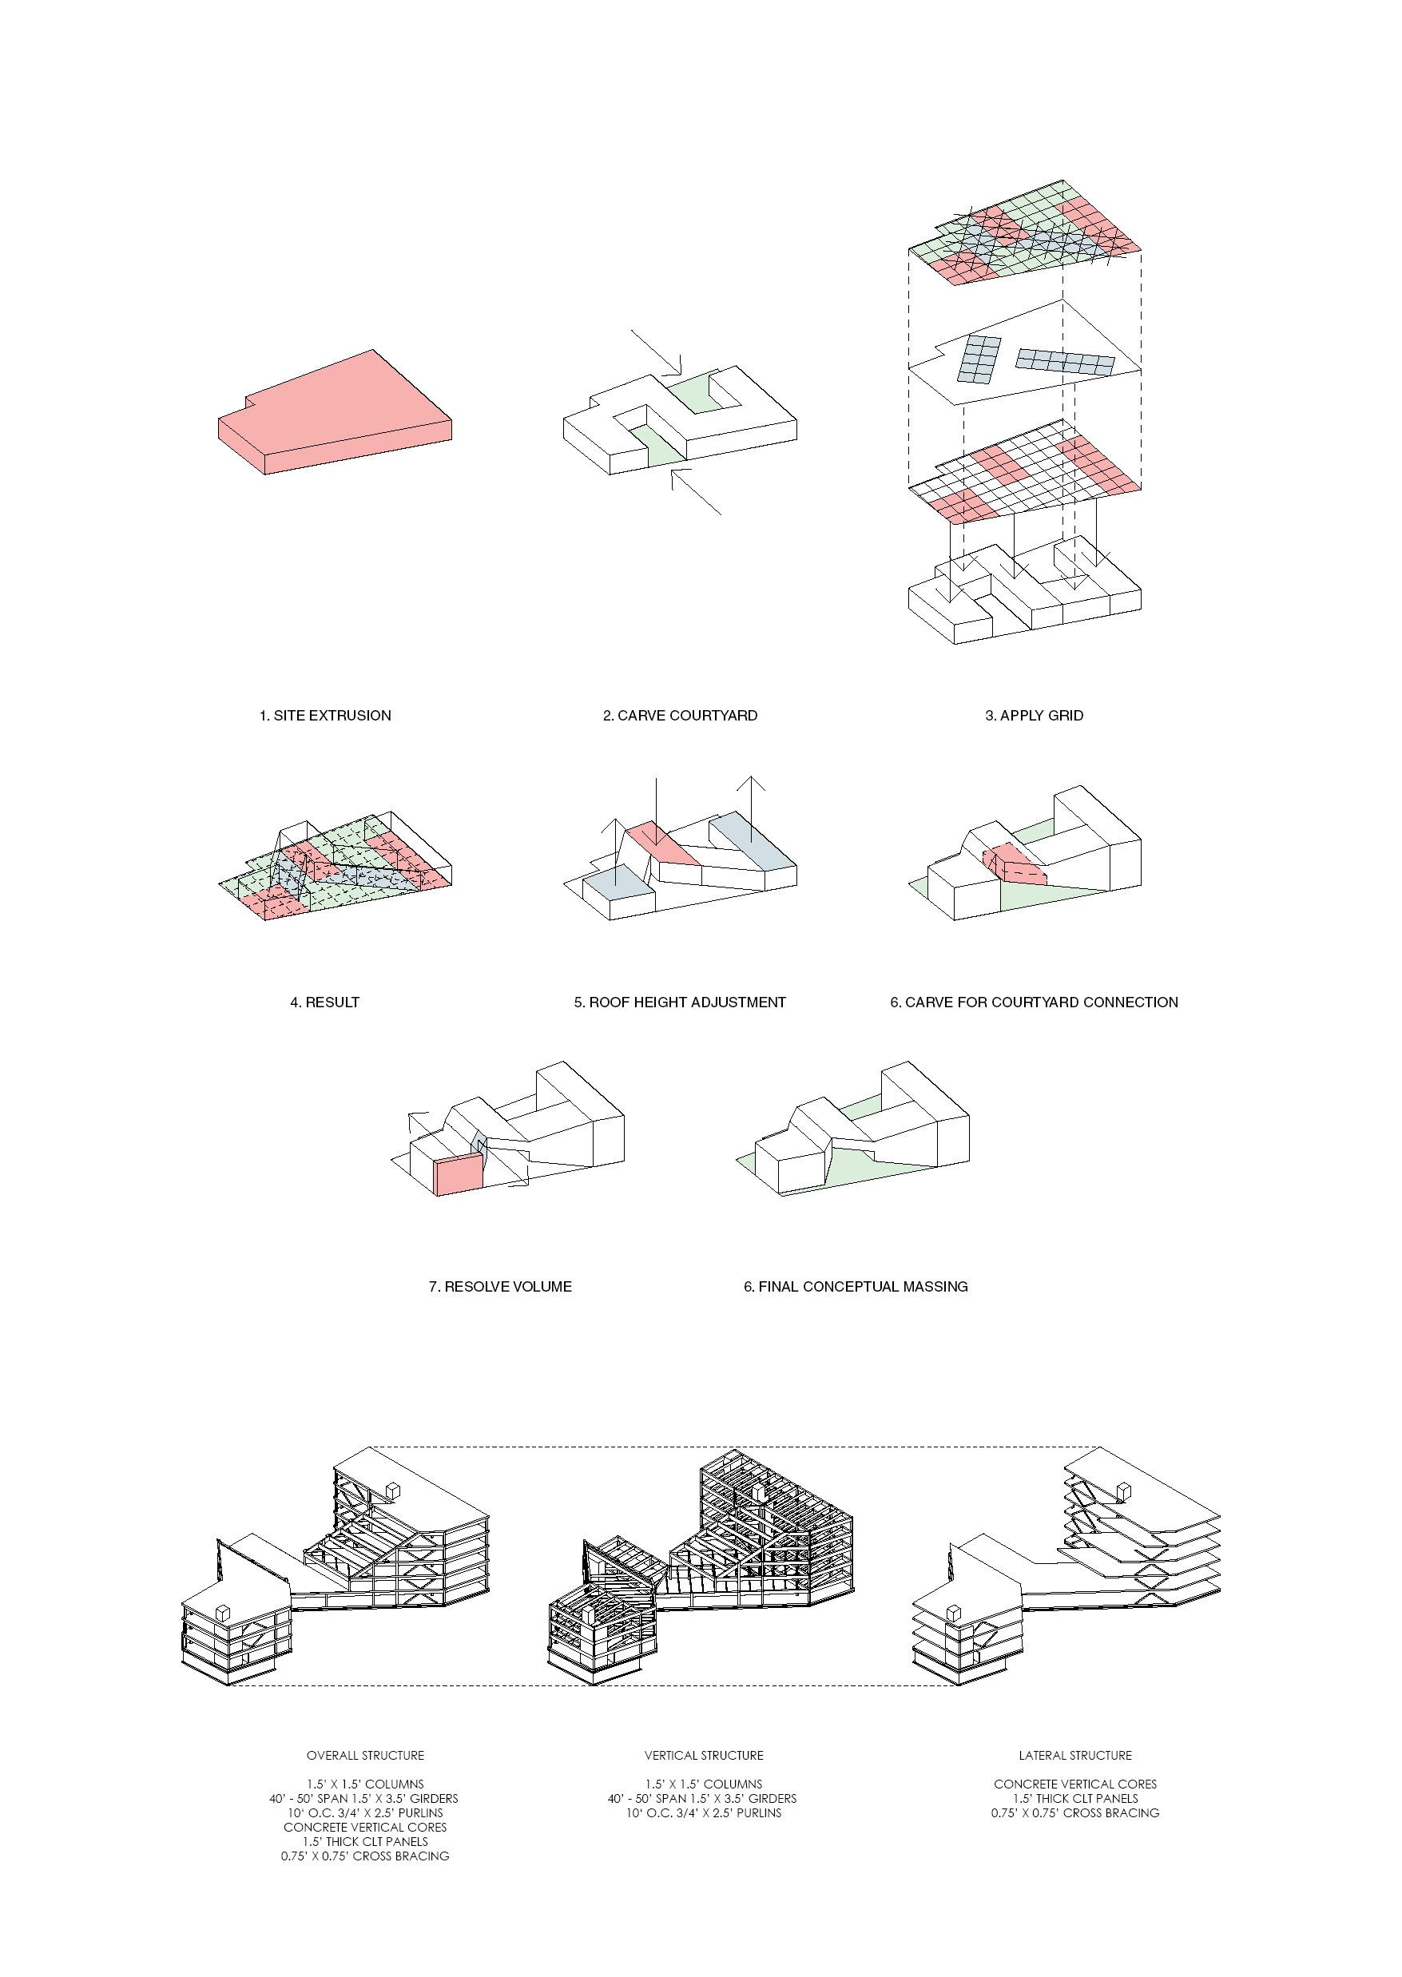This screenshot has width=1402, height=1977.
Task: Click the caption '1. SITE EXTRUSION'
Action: tap(325, 715)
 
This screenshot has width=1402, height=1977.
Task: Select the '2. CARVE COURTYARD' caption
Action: tap(681, 715)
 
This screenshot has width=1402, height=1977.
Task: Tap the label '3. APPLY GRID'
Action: tap(1035, 715)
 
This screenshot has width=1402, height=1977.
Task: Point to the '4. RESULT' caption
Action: tap(324, 1002)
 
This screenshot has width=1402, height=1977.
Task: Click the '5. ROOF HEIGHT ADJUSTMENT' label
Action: tap(681, 1002)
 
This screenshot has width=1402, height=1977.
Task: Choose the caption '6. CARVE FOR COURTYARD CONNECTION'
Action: tap(1035, 1002)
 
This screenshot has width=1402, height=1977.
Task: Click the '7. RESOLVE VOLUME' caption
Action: tap(501, 1286)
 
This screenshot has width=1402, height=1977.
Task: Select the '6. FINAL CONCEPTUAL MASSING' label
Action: tap(856, 1286)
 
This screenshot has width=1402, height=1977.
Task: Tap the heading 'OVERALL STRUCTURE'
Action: tap(365, 1755)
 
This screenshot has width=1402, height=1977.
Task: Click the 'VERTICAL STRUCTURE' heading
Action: tap(704, 1755)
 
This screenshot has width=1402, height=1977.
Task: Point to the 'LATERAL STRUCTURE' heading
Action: tap(1074, 1755)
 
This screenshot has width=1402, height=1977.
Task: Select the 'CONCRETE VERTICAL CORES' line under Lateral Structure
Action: tap(1074, 1784)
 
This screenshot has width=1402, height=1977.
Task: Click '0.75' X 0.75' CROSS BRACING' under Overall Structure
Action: tap(365, 1856)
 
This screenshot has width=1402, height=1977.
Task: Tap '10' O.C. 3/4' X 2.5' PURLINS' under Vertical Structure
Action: tap(704, 1813)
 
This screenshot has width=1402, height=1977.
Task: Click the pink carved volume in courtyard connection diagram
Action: tap(1015, 864)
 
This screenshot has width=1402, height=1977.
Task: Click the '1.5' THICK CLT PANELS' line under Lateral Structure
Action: tap(1074, 1798)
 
